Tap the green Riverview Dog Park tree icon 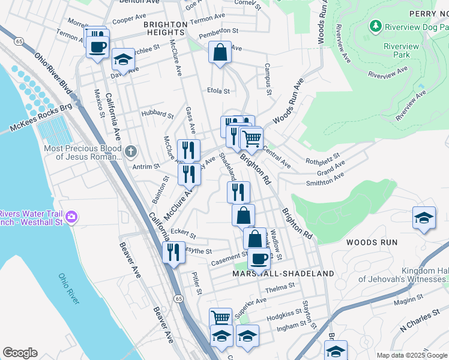376,26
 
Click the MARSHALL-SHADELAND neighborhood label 283,274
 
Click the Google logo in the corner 20,353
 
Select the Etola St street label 218,91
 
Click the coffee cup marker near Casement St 259,258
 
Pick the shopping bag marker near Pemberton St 220,52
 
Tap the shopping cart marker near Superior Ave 220,317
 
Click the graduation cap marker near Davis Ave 123,59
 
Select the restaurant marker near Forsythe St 173,251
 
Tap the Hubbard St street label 157,113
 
